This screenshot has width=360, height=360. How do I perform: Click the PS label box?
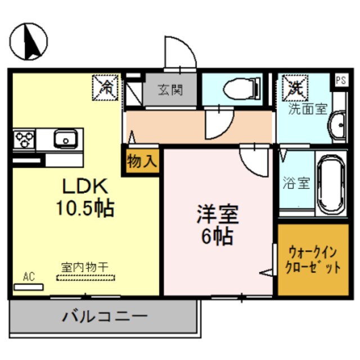(341, 80)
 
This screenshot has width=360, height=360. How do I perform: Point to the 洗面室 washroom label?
(308, 109)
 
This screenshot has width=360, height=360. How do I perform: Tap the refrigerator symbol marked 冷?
(106, 86)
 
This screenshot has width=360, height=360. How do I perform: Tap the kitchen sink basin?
(66, 138)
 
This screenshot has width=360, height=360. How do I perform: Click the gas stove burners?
(25, 138)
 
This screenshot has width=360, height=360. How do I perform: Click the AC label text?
(29, 276)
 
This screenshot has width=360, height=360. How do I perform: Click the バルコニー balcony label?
(105, 316)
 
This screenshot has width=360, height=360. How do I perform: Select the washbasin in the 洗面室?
(339, 125)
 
